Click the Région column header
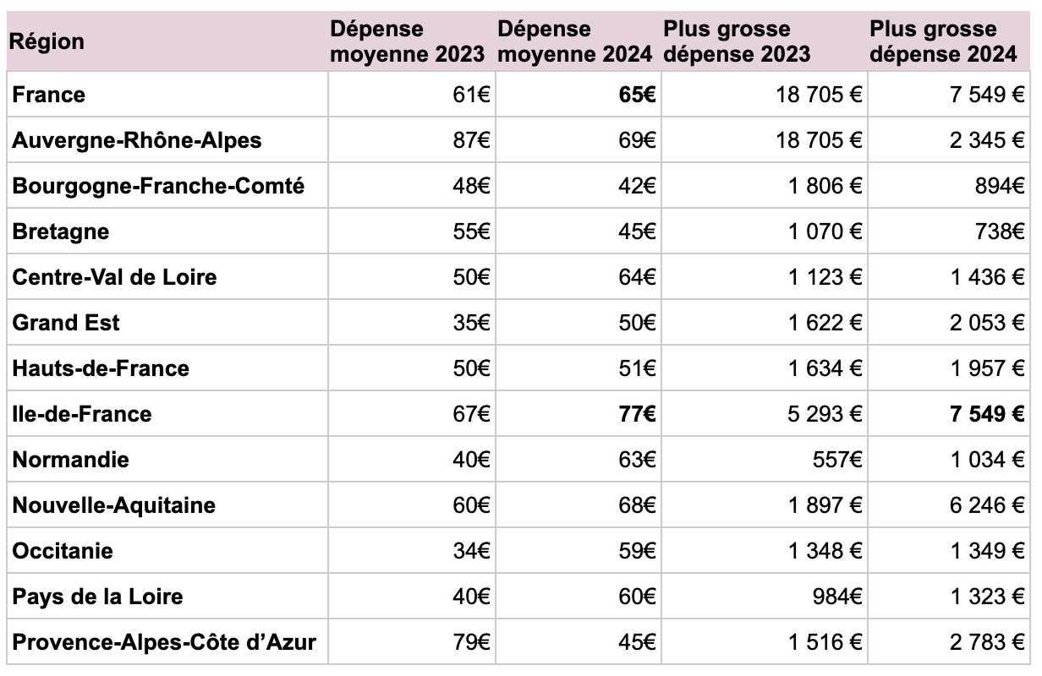click(x=47, y=41)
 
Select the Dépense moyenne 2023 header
click(x=407, y=41)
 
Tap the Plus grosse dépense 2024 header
click(x=943, y=41)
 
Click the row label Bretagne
click(x=61, y=232)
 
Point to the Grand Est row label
click(x=66, y=323)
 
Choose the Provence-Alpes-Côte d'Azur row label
click(x=164, y=642)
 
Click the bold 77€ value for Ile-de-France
click(x=637, y=414)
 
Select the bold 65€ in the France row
click(x=637, y=95)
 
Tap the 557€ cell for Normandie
click(x=837, y=460)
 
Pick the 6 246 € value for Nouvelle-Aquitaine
click(x=987, y=505)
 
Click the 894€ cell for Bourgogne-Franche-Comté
click(x=1000, y=186)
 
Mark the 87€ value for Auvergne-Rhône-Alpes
click(x=471, y=140)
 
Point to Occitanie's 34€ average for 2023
click(x=471, y=551)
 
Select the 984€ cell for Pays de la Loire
click(x=837, y=597)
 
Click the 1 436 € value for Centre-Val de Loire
click(x=987, y=277)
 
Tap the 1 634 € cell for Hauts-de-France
click(x=825, y=368)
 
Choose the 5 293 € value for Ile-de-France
click(x=825, y=414)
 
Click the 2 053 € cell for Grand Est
click(x=987, y=323)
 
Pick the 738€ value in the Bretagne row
click(x=1000, y=232)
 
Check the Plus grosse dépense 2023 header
click(x=737, y=41)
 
